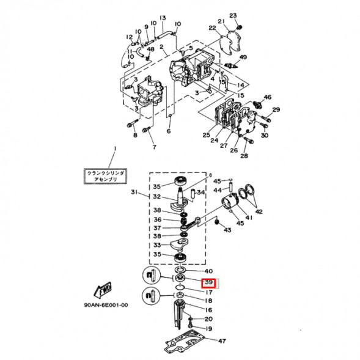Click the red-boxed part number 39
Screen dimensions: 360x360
point(208,283)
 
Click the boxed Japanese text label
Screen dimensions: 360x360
point(107,177)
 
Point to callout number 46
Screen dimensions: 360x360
point(267,97)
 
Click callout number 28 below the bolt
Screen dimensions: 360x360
point(244,156)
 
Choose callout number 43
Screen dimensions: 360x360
point(227,230)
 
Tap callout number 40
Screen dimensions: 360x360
point(208,271)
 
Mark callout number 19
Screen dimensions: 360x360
point(208,328)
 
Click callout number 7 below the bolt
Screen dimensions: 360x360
point(154,147)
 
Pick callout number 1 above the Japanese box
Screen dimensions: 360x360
point(113,149)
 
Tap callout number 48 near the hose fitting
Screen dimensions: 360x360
point(150,49)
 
